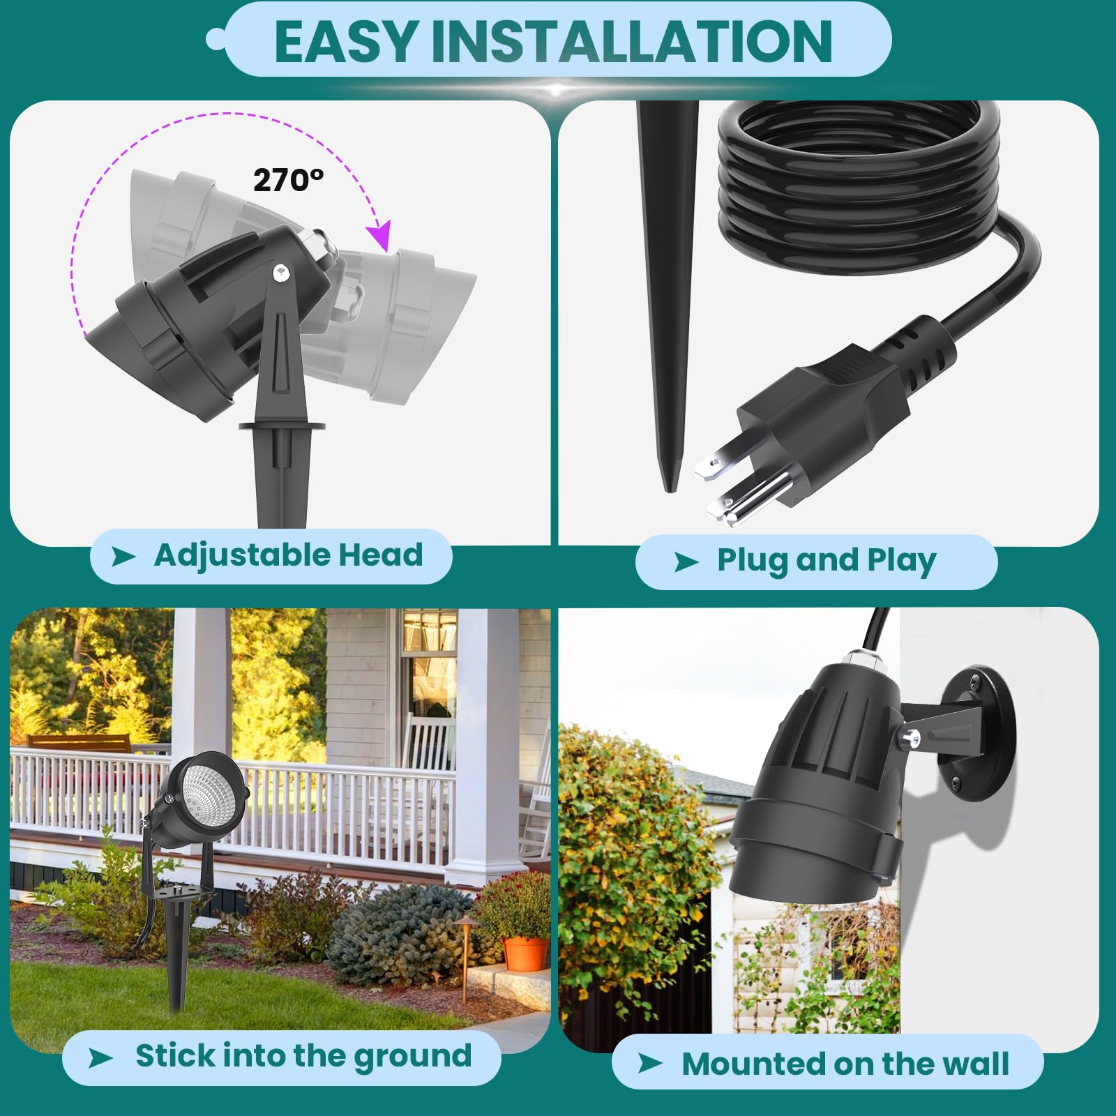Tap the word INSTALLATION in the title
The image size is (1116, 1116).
[631, 42]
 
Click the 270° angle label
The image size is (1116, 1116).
[288, 181]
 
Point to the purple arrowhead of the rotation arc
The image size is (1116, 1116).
[379, 236]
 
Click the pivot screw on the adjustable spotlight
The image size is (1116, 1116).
[280, 272]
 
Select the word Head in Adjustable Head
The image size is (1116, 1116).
[380, 555]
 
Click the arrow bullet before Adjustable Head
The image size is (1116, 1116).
[123, 557]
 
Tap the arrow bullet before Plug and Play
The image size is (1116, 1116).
[686, 561]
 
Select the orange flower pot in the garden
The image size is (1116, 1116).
[525, 953]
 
